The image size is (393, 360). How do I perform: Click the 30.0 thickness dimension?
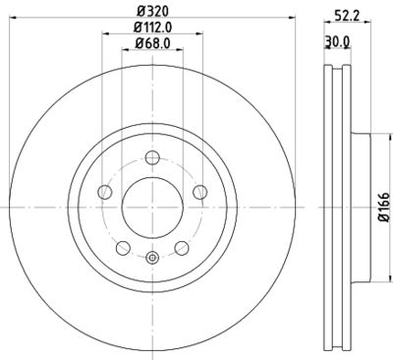tap(338, 40)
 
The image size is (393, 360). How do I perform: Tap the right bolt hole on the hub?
tap(199, 192)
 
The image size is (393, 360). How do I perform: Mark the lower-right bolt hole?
tap(181, 247)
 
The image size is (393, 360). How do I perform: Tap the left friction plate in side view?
tap(326, 208)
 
